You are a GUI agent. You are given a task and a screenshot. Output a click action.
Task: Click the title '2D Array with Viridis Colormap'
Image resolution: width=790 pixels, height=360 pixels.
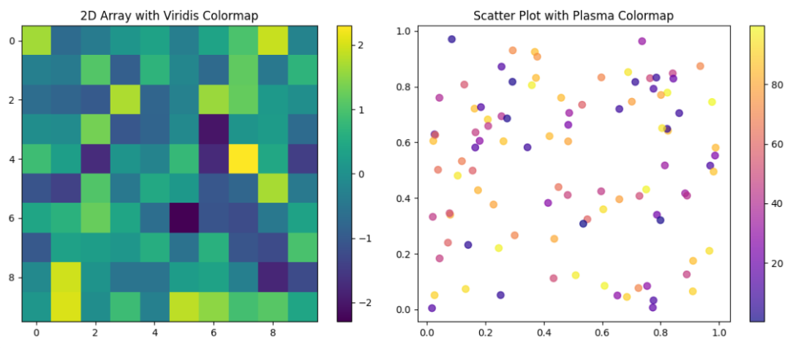(x=170, y=15)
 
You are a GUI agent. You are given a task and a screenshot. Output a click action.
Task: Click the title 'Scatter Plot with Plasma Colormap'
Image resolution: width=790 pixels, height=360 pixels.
(x=573, y=15)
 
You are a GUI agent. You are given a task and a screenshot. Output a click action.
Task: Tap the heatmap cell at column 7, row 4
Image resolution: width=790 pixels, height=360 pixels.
(x=244, y=159)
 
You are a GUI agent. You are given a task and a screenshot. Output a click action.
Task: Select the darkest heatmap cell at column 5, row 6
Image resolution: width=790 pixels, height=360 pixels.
(x=184, y=218)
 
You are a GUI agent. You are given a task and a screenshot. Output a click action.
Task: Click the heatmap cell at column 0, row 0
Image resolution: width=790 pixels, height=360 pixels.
(x=37, y=40)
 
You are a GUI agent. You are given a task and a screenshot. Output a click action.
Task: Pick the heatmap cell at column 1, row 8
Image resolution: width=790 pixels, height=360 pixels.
(x=66, y=277)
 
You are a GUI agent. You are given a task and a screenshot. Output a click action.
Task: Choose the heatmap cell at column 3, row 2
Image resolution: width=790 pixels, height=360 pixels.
(x=125, y=100)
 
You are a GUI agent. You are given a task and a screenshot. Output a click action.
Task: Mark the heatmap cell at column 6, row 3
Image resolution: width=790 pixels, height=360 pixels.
(x=214, y=130)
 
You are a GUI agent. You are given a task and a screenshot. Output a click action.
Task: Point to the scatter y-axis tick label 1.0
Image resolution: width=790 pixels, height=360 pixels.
(x=402, y=31)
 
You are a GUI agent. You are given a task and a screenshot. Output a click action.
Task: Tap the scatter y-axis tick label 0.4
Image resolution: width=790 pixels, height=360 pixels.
(x=402, y=198)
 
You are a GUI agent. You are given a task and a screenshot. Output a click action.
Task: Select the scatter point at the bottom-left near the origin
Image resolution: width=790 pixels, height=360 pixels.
(x=432, y=308)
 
